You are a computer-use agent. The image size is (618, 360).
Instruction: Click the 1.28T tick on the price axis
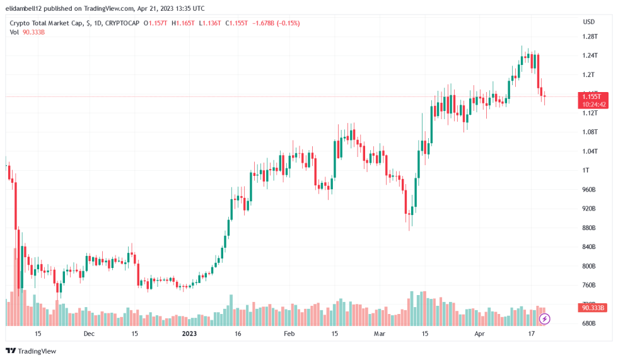[x=590, y=37]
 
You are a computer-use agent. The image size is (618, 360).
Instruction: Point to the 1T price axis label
[x=586, y=170]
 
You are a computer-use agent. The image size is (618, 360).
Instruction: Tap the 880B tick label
[x=589, y=228]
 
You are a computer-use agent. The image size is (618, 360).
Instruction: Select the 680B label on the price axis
[x=589, y=323]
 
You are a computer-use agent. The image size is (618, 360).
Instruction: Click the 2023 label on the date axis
[x=190, y=334]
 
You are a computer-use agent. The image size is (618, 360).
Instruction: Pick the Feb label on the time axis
[x=288, y=334]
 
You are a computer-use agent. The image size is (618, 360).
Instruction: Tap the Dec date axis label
[x=89, y=334]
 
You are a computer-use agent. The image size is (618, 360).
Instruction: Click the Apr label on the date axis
[x=480, y=334]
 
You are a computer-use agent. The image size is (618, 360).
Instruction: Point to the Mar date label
[x=379, y=334]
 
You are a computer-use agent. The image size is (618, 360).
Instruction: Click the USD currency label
[x=589, y=21]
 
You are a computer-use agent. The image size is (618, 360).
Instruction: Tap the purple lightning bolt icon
[x=545, y=319]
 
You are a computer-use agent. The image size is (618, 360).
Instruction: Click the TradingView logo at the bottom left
[x=31, y=351]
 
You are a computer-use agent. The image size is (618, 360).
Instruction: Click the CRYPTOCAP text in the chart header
[x=122, y=23]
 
